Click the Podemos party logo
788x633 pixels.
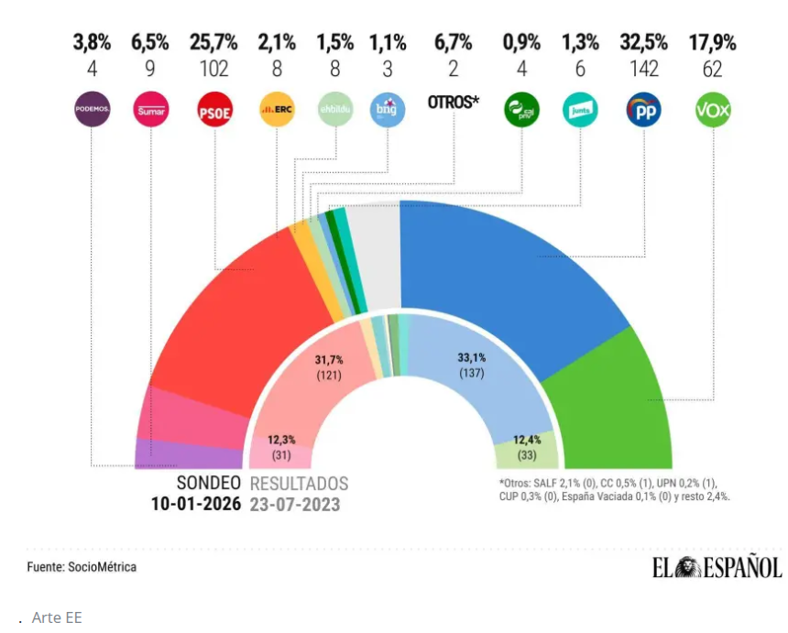(92, 111)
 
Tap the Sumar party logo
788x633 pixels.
(149, 111)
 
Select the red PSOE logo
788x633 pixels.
(216, 112)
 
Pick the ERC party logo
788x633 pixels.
(277, 111)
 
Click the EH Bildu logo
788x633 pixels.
(334, 111)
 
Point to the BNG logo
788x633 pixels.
(387, 111)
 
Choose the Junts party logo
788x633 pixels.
(580, 111)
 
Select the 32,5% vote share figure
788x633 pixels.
(643, 42)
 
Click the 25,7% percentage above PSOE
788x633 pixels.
(213, 42)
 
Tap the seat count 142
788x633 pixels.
(643, 69)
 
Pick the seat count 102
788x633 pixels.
(213, 69)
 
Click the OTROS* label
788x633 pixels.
(454, 103)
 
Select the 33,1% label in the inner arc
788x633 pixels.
(472, 358)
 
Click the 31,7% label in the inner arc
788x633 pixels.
(330, 360)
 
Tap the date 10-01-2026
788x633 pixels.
(196, 504)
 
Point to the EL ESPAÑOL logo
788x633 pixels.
(717, 568)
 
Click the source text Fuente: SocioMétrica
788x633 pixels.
(82, 567)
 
